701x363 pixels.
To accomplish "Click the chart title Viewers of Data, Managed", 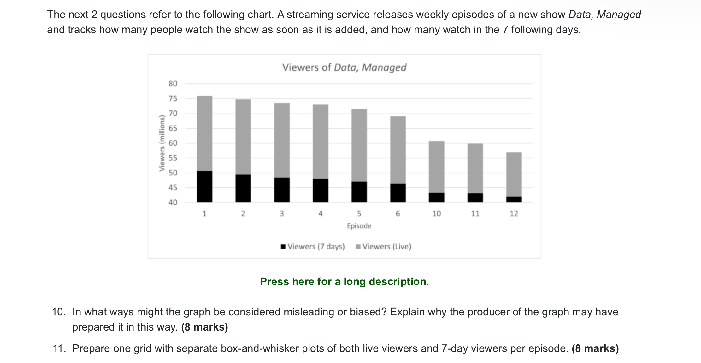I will [344, 67].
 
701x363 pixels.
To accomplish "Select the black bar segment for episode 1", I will [204, 186].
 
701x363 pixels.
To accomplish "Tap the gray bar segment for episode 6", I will [398, 150].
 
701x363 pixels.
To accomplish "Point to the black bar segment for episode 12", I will [514, 199].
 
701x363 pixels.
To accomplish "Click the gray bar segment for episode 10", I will [436, 167].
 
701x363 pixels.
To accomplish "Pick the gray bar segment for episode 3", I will [282, 140].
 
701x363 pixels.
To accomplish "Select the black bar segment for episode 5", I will [359, 192].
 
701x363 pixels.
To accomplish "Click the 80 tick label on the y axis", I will [173, 84].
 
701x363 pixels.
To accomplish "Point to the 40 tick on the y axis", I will [173, 202].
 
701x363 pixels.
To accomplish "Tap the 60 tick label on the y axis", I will [173, 143].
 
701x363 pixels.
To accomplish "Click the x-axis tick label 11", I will [475, 214].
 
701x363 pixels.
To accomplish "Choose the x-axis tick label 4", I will [321, 214].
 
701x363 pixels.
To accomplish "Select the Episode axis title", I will [359, 226].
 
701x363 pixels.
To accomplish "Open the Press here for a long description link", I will [345, 281].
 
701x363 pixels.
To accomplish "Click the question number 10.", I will [58, 312].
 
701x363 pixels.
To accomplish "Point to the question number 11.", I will [59, 348].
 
